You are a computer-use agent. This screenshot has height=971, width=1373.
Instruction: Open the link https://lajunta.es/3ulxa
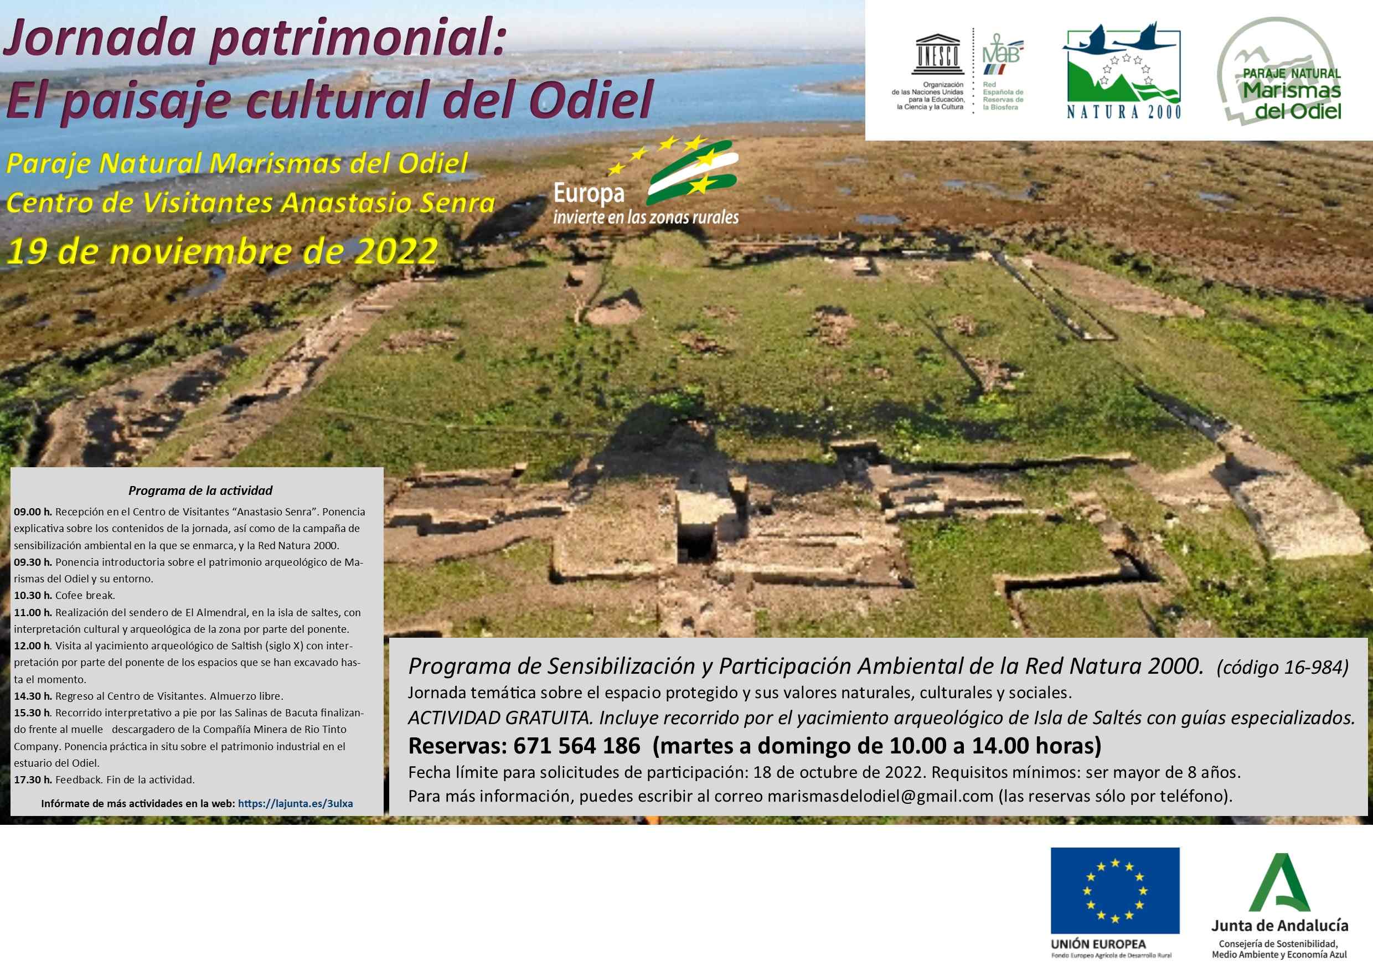[x=296, y=804]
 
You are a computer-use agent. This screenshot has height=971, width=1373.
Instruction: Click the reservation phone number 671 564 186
[x=576, y=746]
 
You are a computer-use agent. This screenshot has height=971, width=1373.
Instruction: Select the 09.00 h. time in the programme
[x=33, y=512]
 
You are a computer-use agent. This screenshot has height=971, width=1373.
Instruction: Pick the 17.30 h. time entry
[x=33, y=779]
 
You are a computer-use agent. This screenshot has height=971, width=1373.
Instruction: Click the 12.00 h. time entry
[x=33, y=645]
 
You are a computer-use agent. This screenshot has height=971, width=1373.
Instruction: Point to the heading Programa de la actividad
[x=200, y=491]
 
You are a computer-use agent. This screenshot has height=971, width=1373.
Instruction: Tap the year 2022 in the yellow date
[x=396, y=251]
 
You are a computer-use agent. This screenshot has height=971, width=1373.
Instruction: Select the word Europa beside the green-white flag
[x=589, y=193]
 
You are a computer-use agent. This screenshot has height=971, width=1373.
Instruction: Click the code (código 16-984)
[x=1282, y=667]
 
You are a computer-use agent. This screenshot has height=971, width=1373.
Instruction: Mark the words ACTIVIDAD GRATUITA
[x=500, y=718]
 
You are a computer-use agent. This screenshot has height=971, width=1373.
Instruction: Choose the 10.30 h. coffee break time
[x=33, y=596]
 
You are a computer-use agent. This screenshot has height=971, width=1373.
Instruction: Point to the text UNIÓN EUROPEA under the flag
[x=1098, y=944]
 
